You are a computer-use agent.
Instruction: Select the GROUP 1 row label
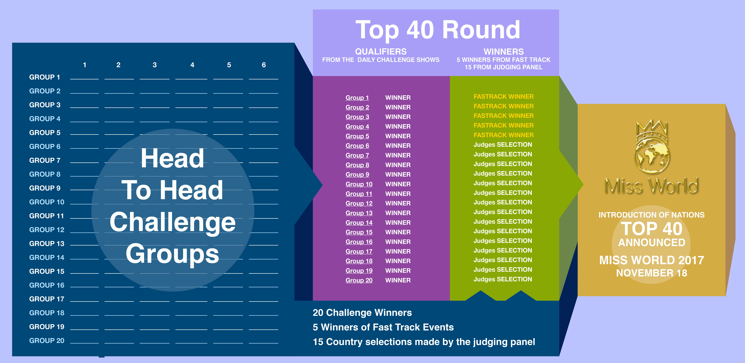45,77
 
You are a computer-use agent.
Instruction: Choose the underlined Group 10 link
359,184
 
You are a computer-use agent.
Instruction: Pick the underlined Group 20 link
359,280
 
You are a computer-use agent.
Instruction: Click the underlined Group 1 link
357,98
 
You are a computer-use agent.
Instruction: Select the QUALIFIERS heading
381,52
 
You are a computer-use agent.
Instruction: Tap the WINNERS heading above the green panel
503,52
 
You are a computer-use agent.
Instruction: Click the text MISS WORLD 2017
652,260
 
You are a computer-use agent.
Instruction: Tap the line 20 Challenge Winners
362,313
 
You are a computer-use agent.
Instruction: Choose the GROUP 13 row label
47,244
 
